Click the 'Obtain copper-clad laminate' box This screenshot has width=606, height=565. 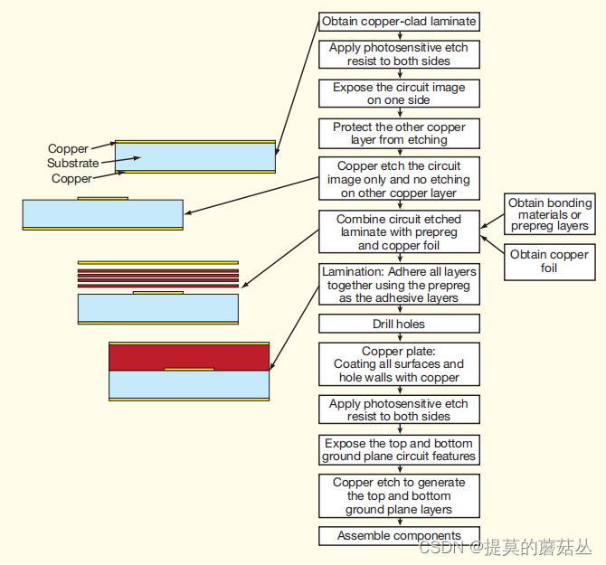click(399, 21)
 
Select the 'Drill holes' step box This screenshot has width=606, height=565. click(399, 324)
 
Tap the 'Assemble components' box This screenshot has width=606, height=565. click(399, 536)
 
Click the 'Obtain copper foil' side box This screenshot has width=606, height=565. click(549, 260)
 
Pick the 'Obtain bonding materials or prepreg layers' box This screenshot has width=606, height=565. click(549, 214)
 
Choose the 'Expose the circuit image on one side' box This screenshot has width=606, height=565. click(399, 94)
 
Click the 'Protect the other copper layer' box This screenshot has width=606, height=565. click(399, 134)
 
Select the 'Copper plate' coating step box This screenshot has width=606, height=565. click(399, 364)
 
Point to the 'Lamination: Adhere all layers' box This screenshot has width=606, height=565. click(399, 285)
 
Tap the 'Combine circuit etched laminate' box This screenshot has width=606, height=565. click(399, 232)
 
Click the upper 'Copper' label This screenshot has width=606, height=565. click(69, 149)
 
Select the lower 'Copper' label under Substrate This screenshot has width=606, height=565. click(71, 179)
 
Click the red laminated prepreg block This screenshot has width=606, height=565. click(189, 357)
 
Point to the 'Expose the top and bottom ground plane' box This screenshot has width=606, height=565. click(399, 450)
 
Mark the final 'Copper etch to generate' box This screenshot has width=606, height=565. click(399, 496)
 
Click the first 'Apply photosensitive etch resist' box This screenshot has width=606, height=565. click(399, 54)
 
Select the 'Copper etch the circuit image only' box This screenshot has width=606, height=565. click(399, 180)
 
